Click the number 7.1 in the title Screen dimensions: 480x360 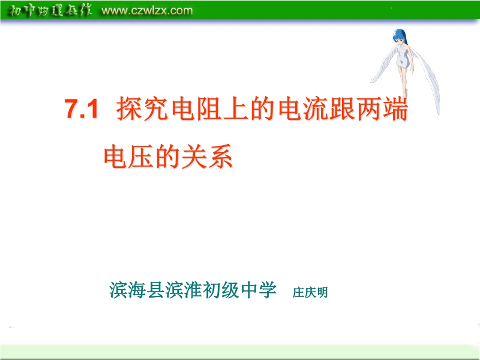[x=81, y=109]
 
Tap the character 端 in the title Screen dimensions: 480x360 [x=396, y=109]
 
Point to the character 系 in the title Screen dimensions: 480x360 [x=220, y=156]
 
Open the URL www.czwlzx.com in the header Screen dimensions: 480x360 [x=147, y=10]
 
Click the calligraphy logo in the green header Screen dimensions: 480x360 [x=50, y=10]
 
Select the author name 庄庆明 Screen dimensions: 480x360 [x=310, y=292]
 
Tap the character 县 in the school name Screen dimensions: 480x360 [x=156, y=290]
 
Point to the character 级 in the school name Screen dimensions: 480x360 [x=230, y=290]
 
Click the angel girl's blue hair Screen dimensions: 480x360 [x=400, y=36]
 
